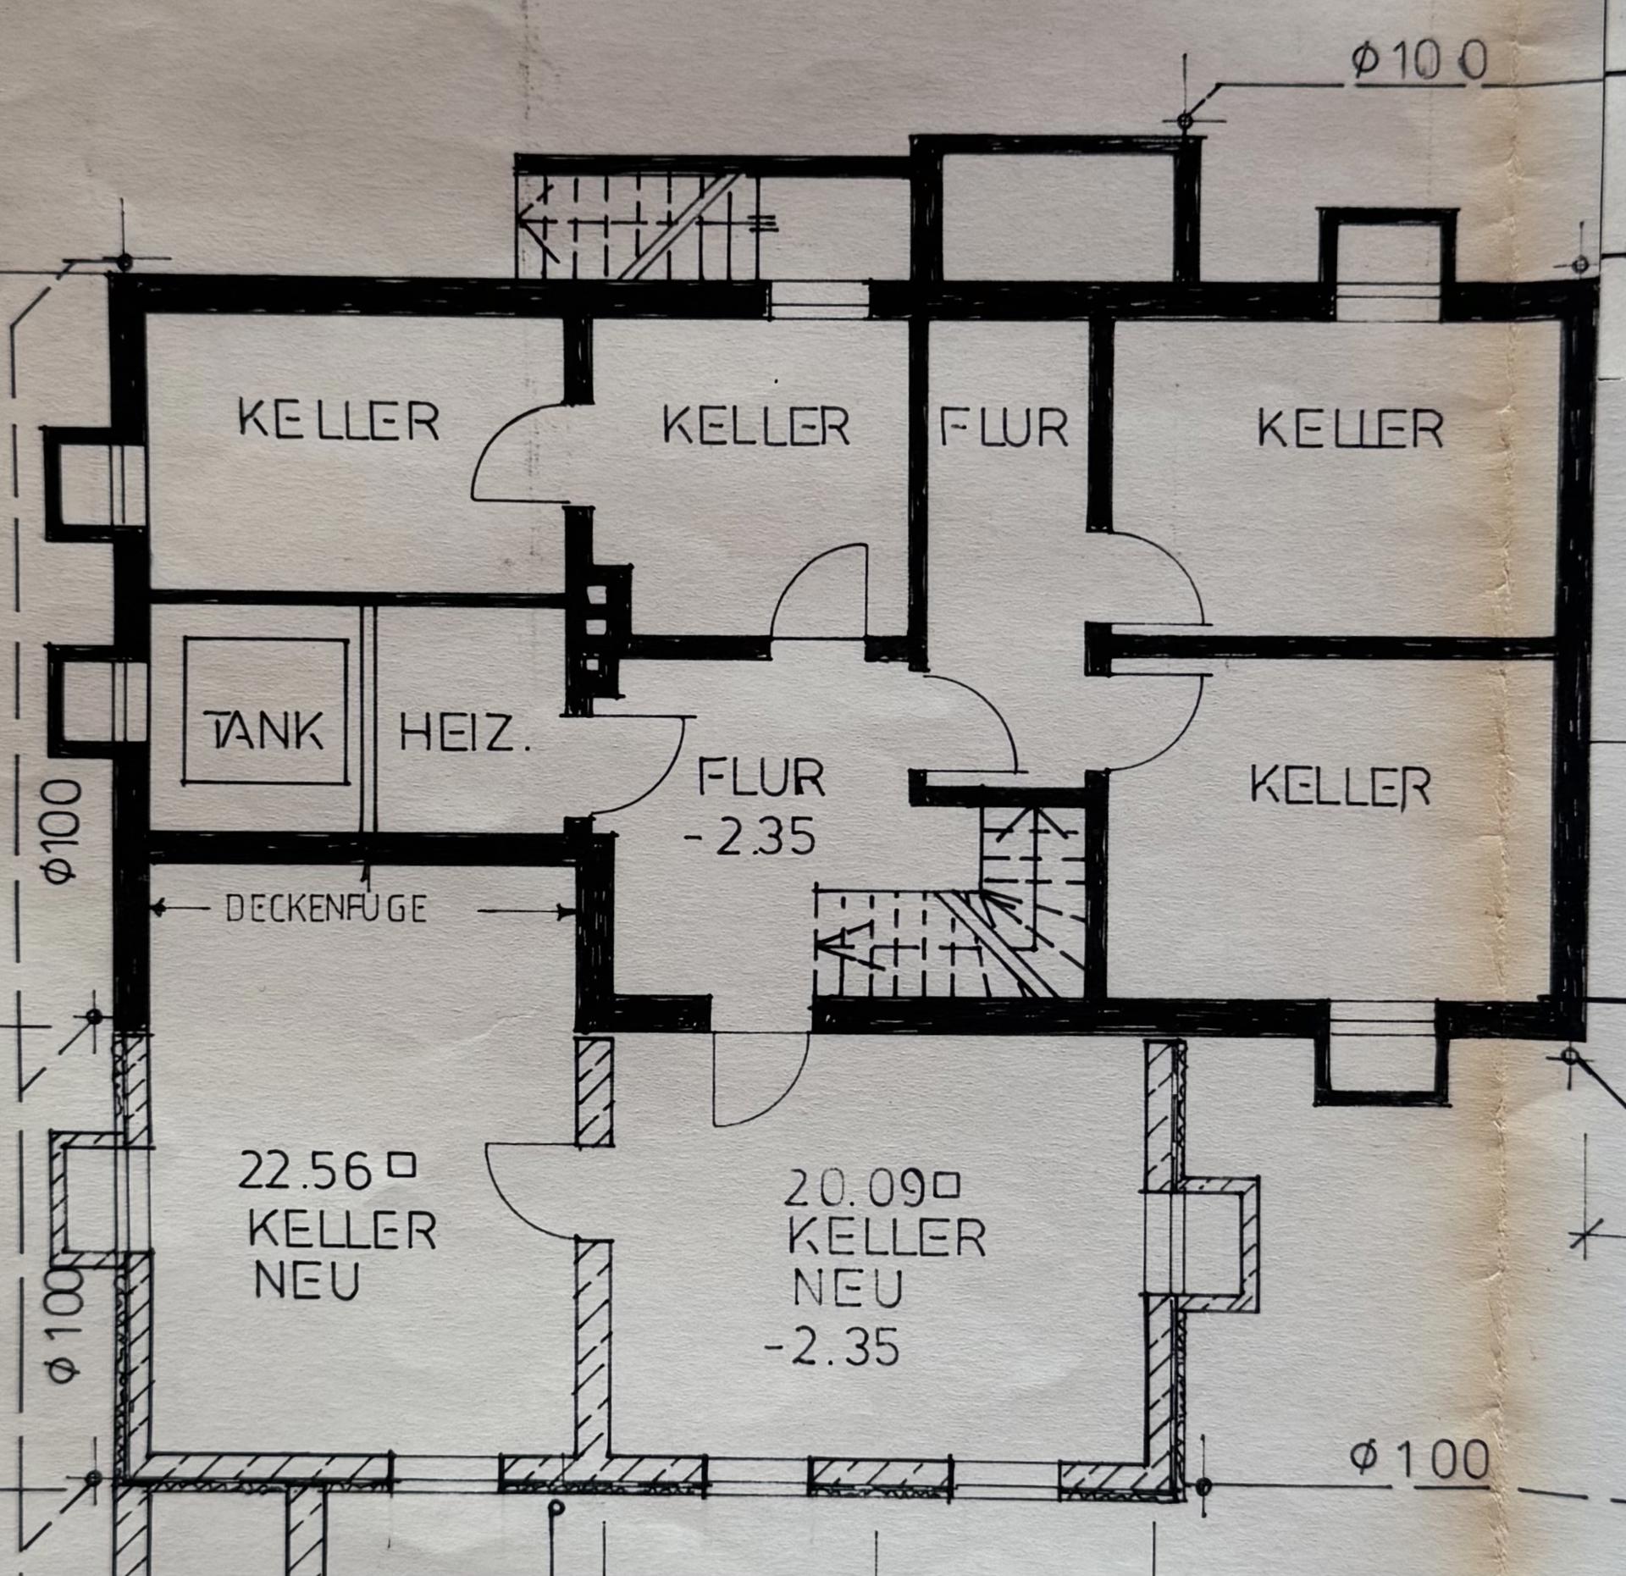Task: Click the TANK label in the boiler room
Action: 265,729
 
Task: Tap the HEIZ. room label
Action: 464,733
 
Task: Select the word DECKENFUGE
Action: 327,909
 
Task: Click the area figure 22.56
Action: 305,1171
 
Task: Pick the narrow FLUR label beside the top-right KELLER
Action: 1004,429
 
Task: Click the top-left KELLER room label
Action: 339,420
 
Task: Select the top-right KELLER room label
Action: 1350,429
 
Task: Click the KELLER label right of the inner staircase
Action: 1341,786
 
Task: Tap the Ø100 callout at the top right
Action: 1419,63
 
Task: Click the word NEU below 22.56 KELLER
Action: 307,1280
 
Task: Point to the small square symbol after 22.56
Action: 401,1166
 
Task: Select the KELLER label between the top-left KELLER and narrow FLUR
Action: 755,425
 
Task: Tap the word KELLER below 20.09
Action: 887,1237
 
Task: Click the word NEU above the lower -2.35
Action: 848,1289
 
